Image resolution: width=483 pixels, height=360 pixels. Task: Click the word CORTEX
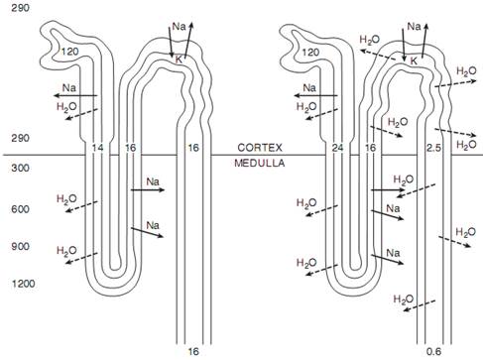pos(260,148)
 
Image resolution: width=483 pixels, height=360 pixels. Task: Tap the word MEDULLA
pos(260,163)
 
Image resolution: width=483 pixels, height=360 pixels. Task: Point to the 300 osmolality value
pos(20,168)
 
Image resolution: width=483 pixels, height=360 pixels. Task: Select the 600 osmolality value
pos(20,209)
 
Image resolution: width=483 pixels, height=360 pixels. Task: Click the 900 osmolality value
pos(20,246)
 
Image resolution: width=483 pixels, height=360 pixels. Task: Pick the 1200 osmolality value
pos(23,284)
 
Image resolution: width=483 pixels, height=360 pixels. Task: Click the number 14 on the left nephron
pos(97,148)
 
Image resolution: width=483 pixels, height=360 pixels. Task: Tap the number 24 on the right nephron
pos(337,148)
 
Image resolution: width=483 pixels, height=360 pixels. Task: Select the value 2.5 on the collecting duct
pos(433,148)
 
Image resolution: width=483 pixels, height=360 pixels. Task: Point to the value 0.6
pos(433,351)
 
